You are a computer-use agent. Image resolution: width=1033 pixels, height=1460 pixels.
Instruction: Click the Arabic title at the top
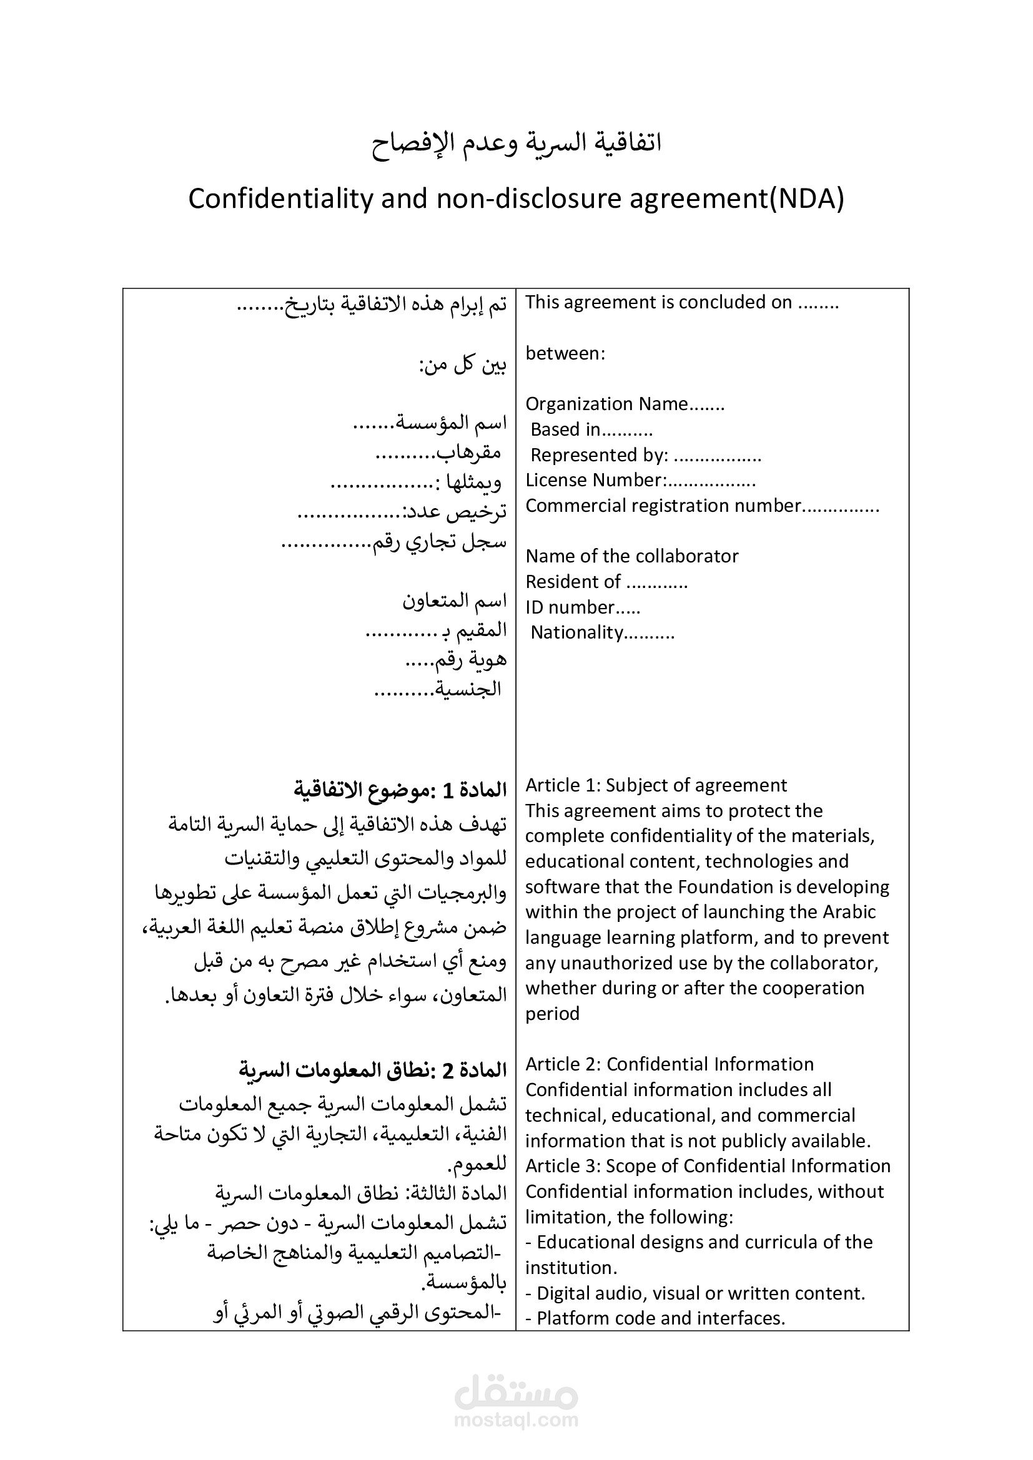point(516,142)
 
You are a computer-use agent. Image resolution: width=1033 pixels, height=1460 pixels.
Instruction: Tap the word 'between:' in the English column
point(565,353)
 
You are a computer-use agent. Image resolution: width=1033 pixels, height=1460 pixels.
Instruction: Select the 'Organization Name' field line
point(625,404)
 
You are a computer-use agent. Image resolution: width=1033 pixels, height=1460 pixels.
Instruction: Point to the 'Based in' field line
point(591,430)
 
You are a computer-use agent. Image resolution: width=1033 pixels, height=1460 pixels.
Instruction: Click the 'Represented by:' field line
point(645,455)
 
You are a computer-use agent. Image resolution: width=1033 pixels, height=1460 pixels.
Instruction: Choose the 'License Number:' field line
point(640,480)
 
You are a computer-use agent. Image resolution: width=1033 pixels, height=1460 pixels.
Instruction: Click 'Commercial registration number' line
point(701,506)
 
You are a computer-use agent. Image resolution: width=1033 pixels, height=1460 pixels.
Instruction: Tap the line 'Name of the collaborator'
point(631,556)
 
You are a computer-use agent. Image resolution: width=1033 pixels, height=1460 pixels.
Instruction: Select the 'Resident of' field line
point(606,582)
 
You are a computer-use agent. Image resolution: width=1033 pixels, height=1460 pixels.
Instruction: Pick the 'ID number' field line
point(582,607)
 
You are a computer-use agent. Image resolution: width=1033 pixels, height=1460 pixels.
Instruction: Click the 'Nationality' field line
point(601,633)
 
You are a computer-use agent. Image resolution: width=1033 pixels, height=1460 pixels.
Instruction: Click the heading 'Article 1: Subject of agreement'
point(656,785)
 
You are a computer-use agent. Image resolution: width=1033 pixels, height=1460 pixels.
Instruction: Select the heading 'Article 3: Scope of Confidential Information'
point(708,1165)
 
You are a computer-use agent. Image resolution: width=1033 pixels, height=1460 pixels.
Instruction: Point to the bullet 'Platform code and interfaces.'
point(660,1318)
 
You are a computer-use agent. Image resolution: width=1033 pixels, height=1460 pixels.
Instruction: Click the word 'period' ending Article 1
point(552,1014)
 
